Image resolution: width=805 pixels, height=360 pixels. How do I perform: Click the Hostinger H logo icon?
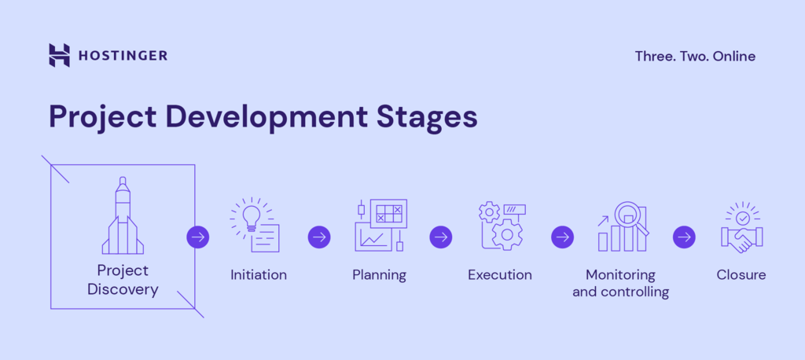(59, 55)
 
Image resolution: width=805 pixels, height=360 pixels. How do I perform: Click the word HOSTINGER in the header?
(123, 56)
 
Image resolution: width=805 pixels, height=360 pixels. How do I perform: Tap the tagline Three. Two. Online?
(695, 56)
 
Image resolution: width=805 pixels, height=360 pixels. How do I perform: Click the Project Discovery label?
(123, 280)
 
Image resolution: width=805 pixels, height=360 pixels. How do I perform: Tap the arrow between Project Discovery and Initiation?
(198, 237)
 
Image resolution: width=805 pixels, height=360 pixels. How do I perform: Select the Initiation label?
(259, 275)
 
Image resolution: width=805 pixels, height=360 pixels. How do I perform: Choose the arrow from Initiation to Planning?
(319, 237)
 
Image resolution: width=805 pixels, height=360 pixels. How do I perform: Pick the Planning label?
(379, 275)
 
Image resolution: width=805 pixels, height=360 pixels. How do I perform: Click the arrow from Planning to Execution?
(441, 237)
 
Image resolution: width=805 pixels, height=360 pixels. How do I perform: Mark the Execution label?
(500, 275)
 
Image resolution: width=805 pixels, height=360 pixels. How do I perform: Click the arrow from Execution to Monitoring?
(562, 237)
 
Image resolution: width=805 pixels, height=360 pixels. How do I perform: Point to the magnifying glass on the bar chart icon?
(630, 216)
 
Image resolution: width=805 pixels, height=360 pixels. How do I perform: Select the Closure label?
(741, 275)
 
